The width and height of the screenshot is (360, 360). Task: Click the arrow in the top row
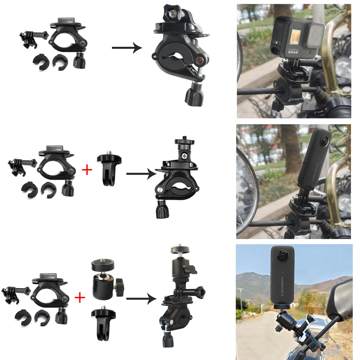point(127,48)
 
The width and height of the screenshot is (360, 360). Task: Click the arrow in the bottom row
point(141,298)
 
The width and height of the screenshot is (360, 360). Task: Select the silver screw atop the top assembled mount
point(173,13)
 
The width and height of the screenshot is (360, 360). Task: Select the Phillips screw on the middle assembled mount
point(184,156)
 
